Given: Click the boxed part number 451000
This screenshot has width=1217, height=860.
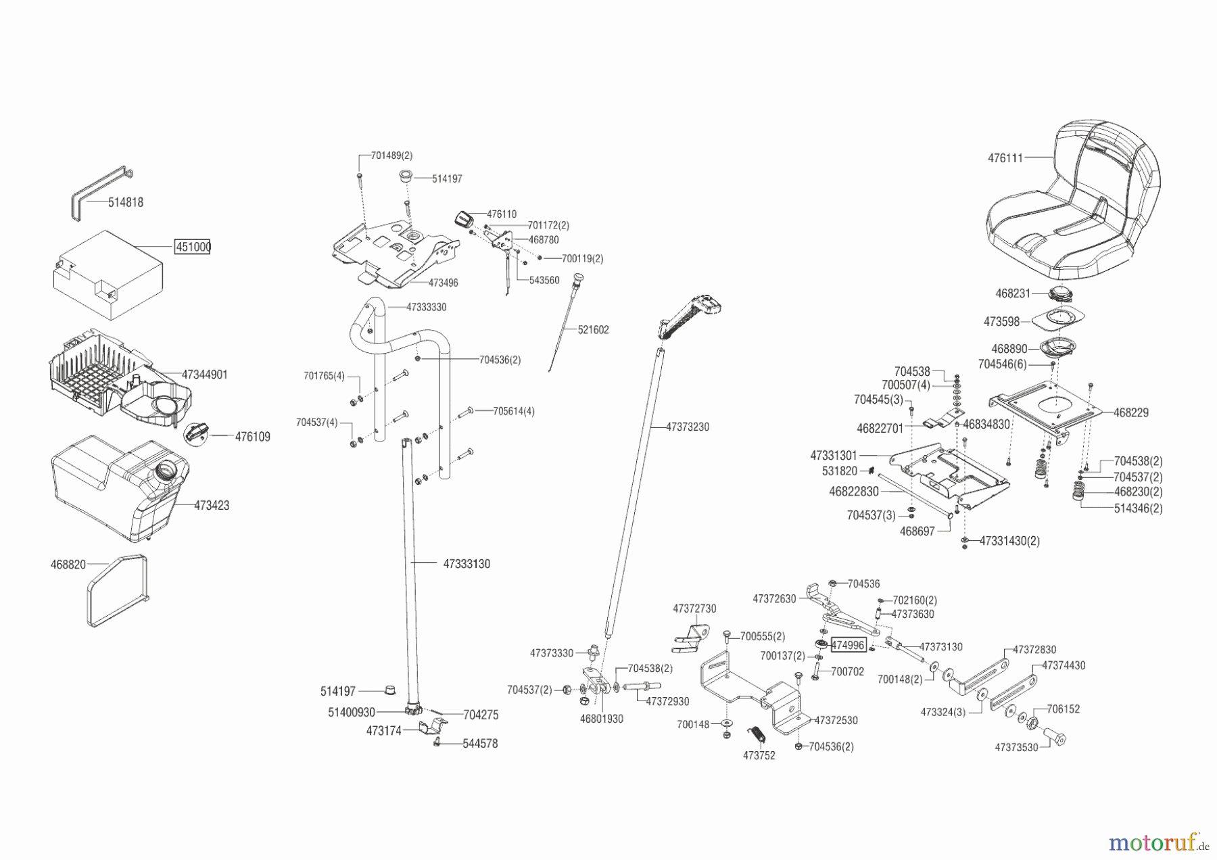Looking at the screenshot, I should pos(193,247).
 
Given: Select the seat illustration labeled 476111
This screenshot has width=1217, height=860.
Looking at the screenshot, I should pos(1075,203).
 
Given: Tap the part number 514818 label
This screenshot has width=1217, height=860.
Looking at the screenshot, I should pos(126,202).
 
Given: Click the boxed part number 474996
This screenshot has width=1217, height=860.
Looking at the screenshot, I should pos(848,645).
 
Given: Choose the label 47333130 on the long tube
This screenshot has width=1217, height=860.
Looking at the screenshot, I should pos(467,564).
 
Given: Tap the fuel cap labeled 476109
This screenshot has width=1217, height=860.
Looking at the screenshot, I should pos(197,431).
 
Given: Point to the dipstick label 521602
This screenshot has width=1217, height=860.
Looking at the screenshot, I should pos(593,330).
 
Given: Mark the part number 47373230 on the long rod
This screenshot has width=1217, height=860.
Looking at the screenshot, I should pos(688,427).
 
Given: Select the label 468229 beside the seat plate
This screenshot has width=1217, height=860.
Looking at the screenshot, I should pos(1130,412).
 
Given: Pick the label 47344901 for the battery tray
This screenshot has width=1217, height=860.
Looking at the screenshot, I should pos(204,375).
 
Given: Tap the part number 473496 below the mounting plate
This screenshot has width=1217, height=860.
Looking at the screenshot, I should pos(443,283).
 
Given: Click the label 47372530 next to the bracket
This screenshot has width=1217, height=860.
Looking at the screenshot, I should pos(836,721).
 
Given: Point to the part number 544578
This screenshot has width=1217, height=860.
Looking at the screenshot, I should pos(480,744).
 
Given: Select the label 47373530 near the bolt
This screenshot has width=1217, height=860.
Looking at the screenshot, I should pos(1016,748).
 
